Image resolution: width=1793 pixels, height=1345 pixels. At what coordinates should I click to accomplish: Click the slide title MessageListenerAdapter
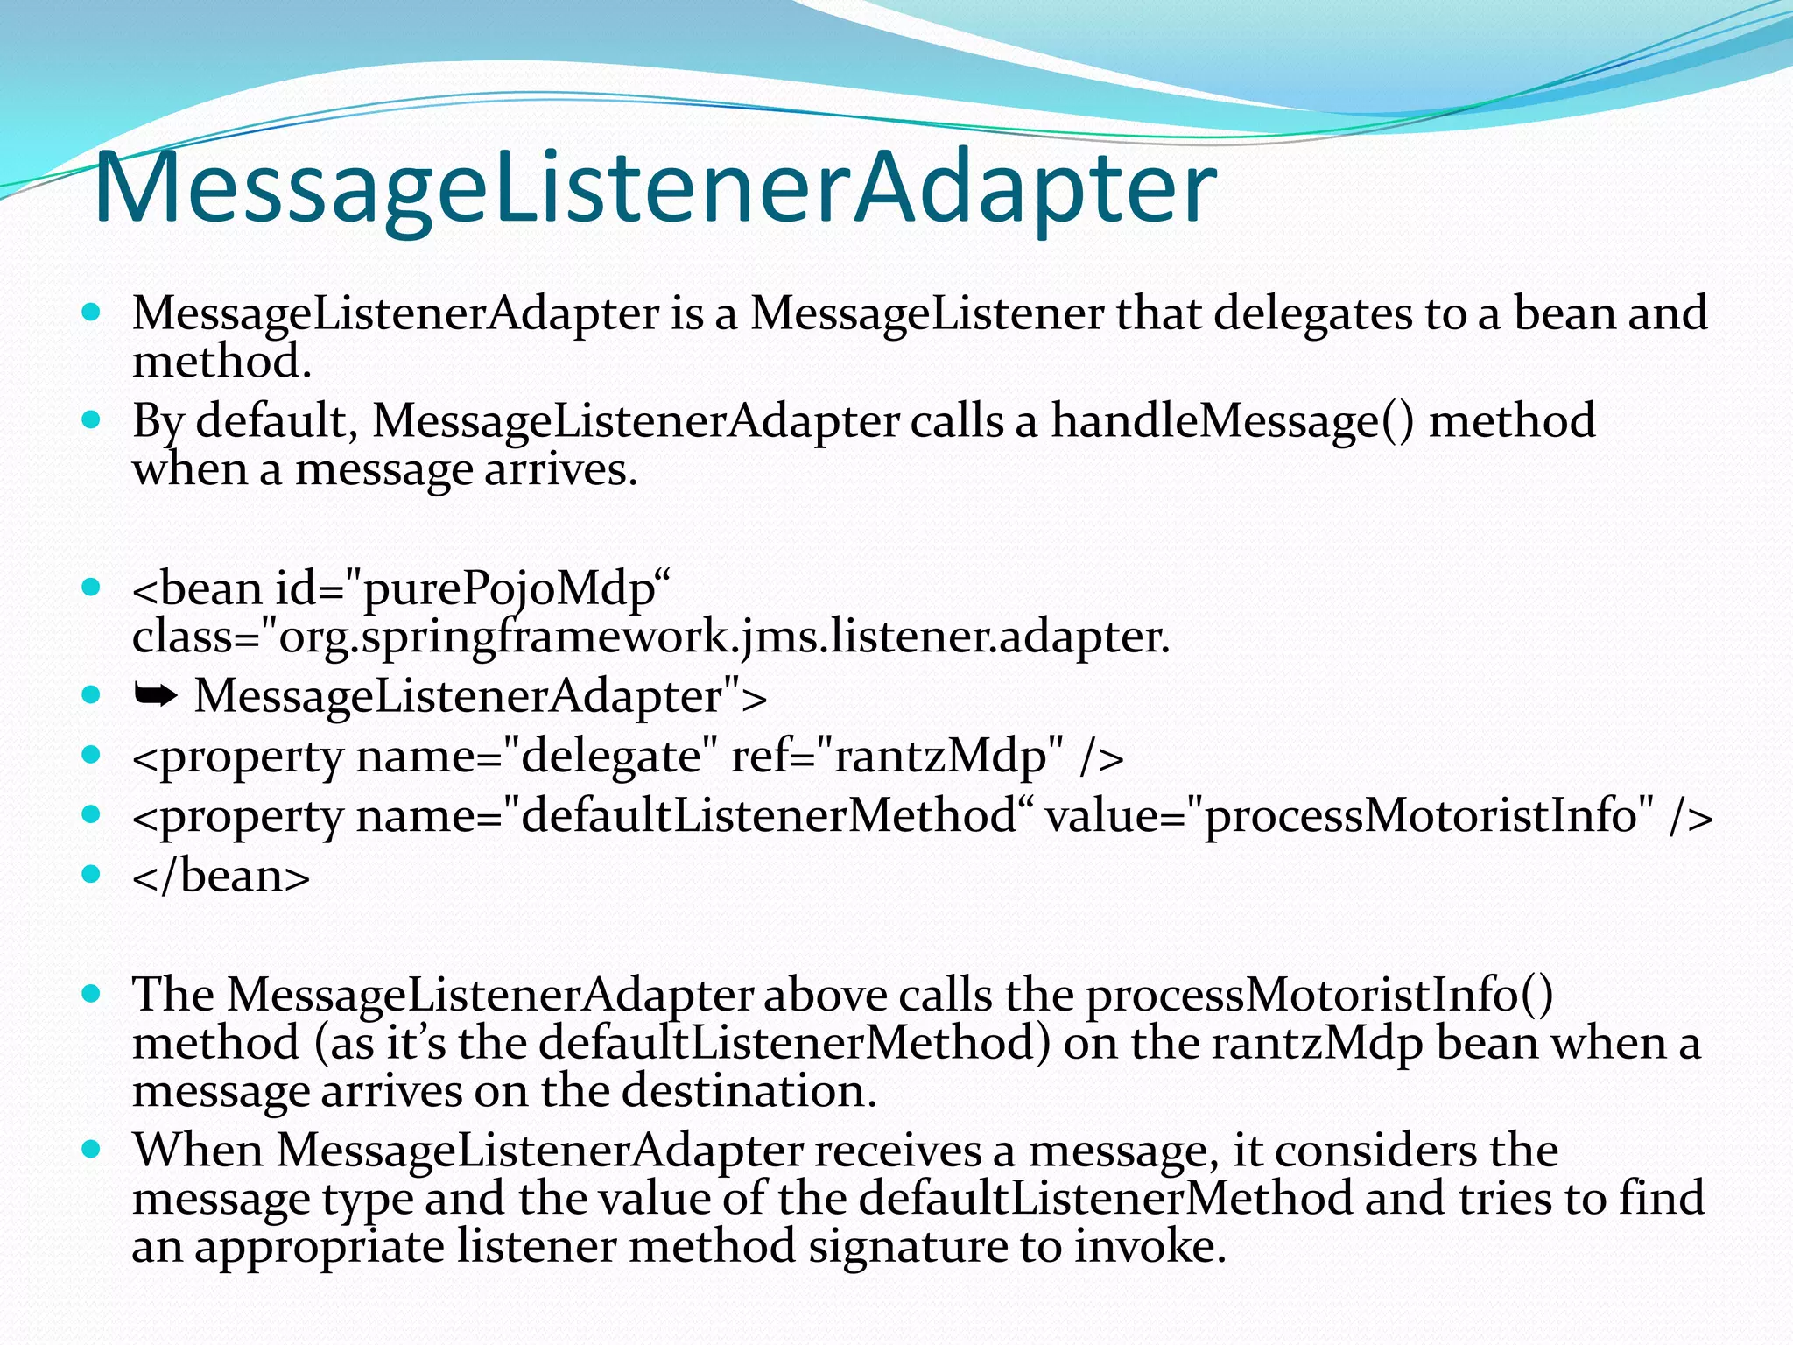pyautogui.click(x=655, y=188)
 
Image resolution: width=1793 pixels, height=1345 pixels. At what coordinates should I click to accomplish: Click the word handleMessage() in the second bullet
pyautogui.click(x=1232, y=421)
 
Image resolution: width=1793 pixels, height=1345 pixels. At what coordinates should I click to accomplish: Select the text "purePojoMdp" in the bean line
pyautogui.click(x=508, y=589)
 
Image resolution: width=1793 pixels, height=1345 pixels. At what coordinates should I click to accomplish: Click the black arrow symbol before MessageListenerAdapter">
pyautogui.click(x=156, y=696)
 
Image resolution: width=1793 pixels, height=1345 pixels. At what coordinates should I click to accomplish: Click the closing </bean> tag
pyautogui.click(x=221, y=877)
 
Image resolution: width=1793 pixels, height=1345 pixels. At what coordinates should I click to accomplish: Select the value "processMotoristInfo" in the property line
pyautogui.click(x=1419, y=816)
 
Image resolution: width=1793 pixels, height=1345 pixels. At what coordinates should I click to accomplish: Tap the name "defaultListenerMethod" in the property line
pyautogui.click(x=768, y=816)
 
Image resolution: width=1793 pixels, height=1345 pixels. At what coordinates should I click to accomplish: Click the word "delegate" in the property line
pyautogui.click(x=611, y=757)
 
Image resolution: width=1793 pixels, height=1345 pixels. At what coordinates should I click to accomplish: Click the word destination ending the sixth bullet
pyautogui.click(x=749, y=1091)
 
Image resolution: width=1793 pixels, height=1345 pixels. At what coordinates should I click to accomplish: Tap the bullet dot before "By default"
pyautogui.click(x=91, y=419)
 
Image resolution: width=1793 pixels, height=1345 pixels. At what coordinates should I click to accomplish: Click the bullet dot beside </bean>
pyautogui.click(x=91, y=874)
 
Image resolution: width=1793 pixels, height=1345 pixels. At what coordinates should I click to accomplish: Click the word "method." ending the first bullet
pyautogui.click(x=221, y=362)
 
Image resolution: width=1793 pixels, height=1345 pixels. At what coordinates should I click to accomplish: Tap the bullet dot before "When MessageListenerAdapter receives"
pyautogui.click(x=91, y=1149)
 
